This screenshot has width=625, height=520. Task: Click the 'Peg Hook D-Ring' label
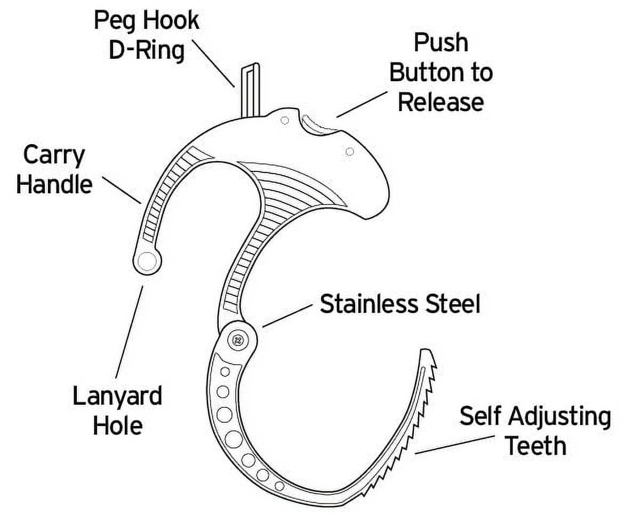(146, 36)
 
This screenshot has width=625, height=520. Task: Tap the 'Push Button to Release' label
(440, 73)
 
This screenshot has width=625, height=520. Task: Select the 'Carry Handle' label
(54, 170)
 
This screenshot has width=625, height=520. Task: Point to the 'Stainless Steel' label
(400, 304)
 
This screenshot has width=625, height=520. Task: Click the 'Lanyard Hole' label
(117, 411)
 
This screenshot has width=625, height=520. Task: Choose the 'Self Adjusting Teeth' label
(535, 430)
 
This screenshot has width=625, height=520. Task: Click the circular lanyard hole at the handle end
(146, 261)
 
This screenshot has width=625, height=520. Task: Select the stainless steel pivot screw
(237, 338)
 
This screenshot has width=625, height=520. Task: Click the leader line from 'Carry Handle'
(121, 190)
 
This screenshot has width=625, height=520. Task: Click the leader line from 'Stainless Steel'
(287, 315)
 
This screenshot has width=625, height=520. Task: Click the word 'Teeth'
(535, 445)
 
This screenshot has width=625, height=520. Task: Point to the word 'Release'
(440, 101)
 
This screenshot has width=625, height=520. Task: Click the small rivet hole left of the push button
(285, 120)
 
